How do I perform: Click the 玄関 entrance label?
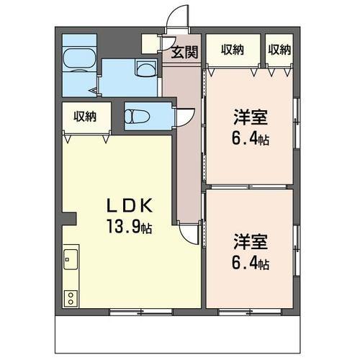[184, 52]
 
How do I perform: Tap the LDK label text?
[130, 206]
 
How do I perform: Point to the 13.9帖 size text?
[130, 226]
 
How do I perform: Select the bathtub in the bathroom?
[79, 60]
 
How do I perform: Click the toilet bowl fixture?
[138, 117]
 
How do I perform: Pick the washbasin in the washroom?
[146, 68]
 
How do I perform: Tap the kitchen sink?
[71, 259]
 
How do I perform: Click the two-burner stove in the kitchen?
[71, 298]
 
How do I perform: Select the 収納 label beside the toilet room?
[85, 117]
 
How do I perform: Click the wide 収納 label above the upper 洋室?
[233, 50]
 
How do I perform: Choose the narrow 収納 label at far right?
[279, 50]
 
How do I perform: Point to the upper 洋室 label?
[251, 117]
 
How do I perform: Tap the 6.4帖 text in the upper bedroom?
[251, 138]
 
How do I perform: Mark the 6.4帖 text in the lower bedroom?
[251, 263]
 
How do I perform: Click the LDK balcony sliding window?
[141, 312]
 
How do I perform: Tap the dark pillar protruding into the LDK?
[69, 218]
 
